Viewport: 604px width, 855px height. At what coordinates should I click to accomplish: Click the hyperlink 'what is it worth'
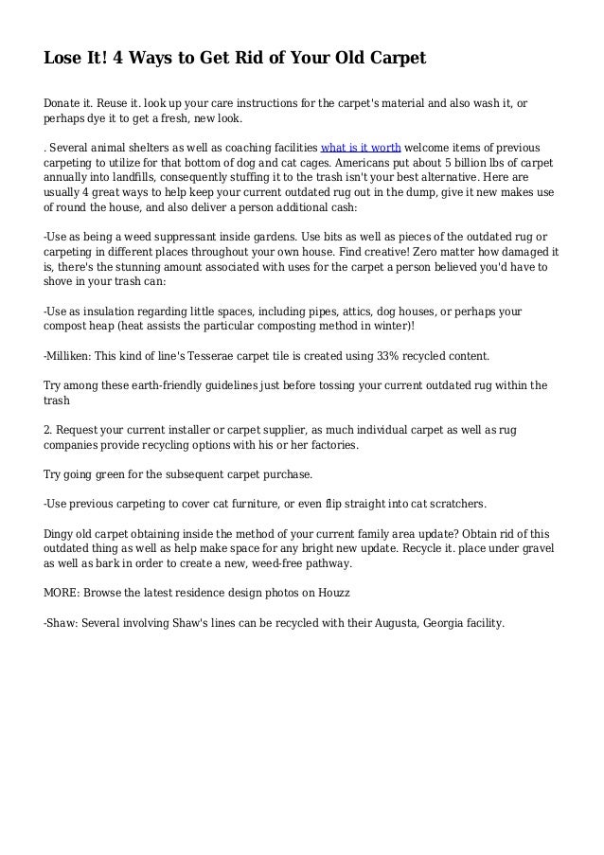click(362, 149)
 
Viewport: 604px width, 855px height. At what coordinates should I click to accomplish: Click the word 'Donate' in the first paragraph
click(64, 103)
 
